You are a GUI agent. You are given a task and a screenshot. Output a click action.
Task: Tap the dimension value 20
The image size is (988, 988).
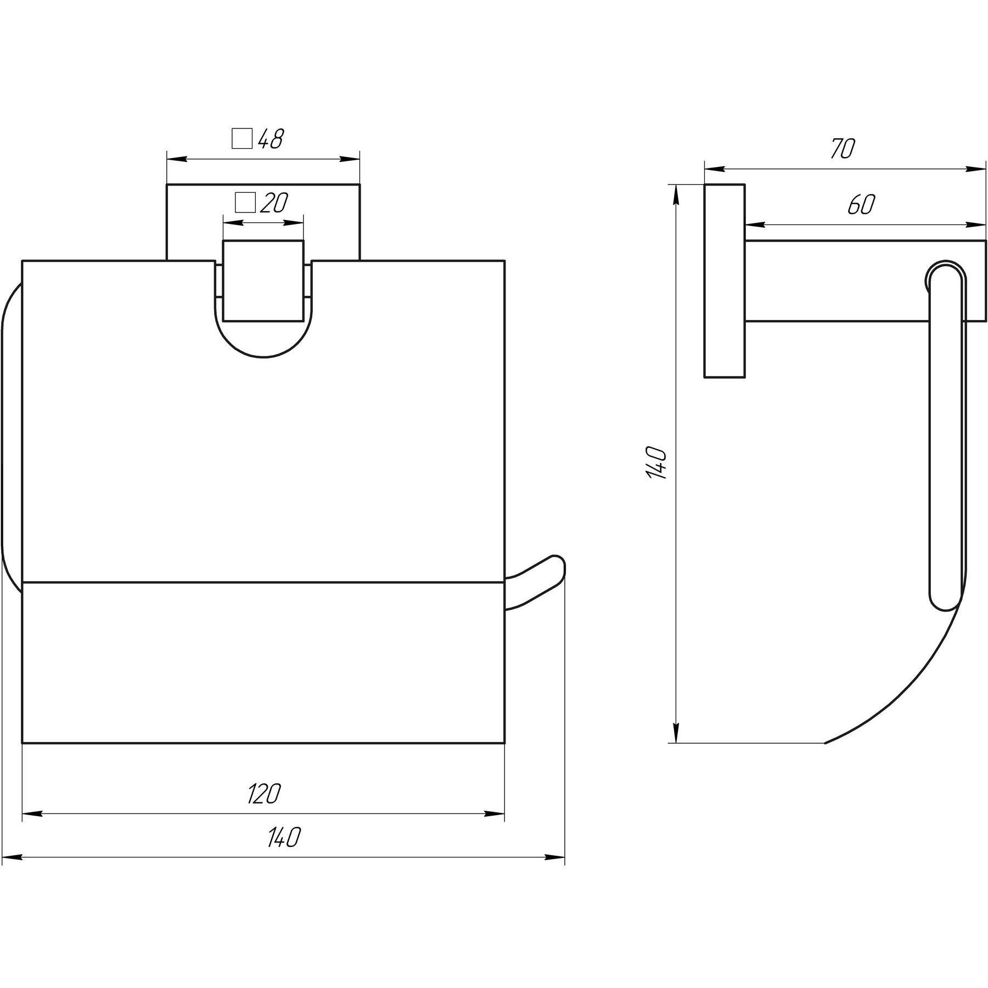274,203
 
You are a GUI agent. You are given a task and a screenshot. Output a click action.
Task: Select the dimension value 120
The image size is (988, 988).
264,794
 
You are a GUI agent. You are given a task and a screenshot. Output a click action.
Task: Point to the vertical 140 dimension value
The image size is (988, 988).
657,463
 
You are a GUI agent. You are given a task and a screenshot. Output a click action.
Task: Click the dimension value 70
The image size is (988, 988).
842,149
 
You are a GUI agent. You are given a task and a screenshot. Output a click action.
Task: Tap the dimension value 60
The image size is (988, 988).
861,204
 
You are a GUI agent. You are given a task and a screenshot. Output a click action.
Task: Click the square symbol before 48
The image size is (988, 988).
242,139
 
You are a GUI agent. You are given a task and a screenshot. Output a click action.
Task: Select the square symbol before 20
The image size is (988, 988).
245,203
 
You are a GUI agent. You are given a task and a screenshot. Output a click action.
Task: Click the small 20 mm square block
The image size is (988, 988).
263,280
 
